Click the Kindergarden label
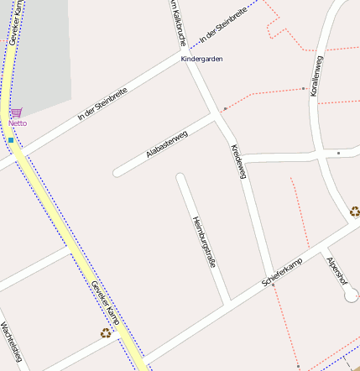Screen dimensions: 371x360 pyautogui.click(x=201, y=59)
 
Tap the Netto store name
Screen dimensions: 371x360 pyautogui.click(x=18, y=123)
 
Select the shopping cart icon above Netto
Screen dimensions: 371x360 pyautogui.click(x=17, y=112)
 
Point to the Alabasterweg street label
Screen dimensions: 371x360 pyautogui.click(x=166, y=144)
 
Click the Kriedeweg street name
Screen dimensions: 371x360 pyautogui.click(x=238, y=160)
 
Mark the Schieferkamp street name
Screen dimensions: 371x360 pyautogui.click(x=281, y=274)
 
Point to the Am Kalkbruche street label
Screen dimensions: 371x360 pyautogui.click(x=176, y=21)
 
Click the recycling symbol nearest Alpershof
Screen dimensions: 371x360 pyautogui.click(x=355, y=212)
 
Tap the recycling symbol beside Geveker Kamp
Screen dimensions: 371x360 pyautogui.click(x=106, y=332)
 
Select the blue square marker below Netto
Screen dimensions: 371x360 pyautogui.click(x=11, y=140)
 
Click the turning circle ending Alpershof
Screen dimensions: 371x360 pyautogui.click(x=351, y=295)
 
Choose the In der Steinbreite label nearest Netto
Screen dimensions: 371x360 pyautogui.click(x=102, y=104)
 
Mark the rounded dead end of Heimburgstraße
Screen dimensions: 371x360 pyautogui.click(x=180, y=177)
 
